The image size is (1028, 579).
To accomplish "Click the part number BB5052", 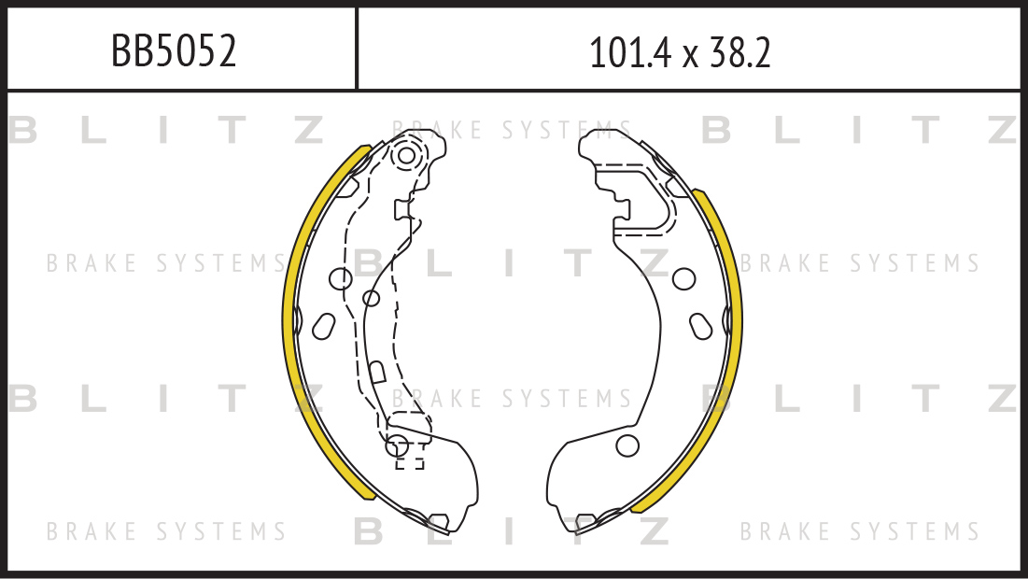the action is [x=173, y=51].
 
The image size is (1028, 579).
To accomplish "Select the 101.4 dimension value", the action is [x=630, y=52].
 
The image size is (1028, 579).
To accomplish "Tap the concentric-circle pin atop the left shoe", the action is [x=406, y=156].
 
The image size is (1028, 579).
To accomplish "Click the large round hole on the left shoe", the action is [x=341, y=278].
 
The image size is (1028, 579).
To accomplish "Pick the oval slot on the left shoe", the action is [x=323, y=326].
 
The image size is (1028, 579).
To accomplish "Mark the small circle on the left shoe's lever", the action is [x=371, y=298].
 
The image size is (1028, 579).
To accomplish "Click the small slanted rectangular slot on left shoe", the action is [x=376, y=373].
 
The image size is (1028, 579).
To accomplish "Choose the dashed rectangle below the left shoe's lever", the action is [x=410, y=462].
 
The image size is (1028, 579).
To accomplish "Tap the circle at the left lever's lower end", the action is [x=398, y=445].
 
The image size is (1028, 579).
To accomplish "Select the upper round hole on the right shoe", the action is [x=683, y=278].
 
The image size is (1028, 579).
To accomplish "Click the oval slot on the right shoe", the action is [x=701, y=326].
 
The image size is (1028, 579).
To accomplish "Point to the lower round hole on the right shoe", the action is [x=627, y=445].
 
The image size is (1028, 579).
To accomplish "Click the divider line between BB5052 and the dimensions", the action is [x=357, y=49].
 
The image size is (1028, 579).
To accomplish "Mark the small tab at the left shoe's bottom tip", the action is [x=437, y=522].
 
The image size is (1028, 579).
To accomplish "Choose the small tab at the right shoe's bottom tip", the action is [x=585, y=522].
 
